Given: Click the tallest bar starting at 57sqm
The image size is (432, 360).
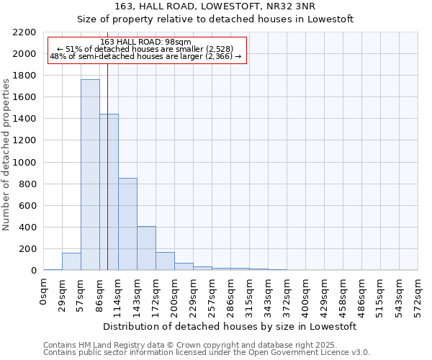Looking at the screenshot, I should click(90, 175).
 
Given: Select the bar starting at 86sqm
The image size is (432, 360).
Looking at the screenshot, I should click(109, 192).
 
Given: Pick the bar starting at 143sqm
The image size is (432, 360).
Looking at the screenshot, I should click(146, 248).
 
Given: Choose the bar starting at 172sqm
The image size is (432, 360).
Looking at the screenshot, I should click(165, 261).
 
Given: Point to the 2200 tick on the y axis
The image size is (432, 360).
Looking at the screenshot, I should click(24, 32).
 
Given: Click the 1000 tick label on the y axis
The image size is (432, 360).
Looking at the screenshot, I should click(24, 163).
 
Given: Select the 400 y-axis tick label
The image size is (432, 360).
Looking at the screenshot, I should click(27, 228).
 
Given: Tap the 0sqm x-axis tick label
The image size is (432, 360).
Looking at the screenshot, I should click(44, 292).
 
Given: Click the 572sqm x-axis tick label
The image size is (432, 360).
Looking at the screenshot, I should click(418, 295).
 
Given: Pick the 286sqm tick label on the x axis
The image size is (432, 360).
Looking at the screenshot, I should click(231, 295).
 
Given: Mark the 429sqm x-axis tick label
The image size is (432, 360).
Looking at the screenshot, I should click(325, 295).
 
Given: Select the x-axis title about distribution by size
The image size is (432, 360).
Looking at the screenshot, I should click(230, 326).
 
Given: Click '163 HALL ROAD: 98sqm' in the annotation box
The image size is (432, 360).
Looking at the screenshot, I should click(146, 42).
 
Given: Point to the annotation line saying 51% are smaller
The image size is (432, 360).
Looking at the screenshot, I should click(147, 50).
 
